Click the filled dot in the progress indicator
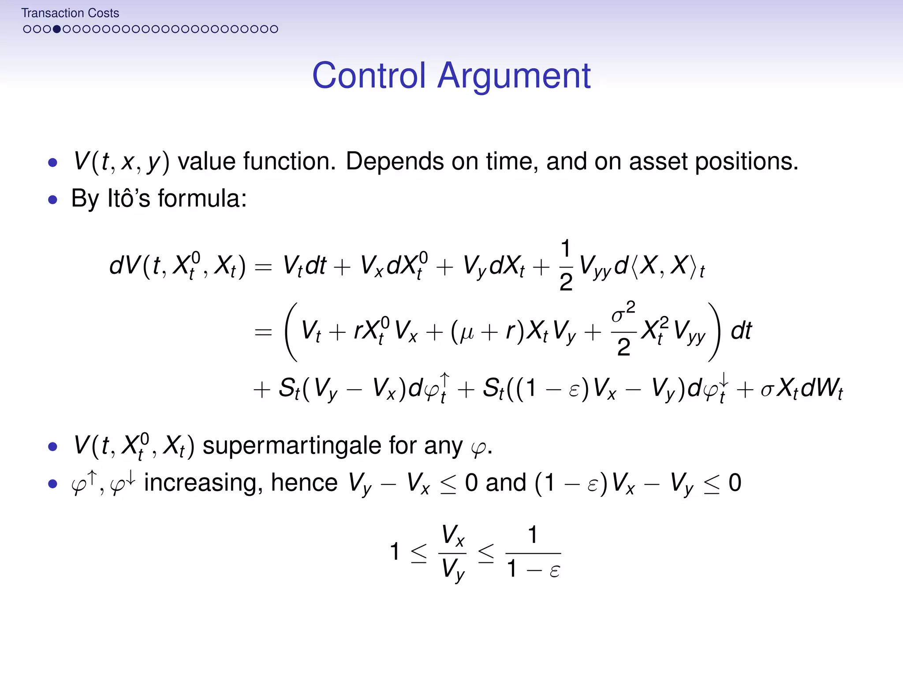[x=56, y=29]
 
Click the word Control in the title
[x=369, y=76]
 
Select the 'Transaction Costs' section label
[x=70, y=13]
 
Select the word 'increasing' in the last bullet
[x=203, y=483]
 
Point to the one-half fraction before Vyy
[x=566, y=266]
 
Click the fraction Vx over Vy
[x=453, y=553]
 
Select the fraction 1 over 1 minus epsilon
[x=533, y=553]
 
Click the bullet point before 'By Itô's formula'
[x=53, y=200]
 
